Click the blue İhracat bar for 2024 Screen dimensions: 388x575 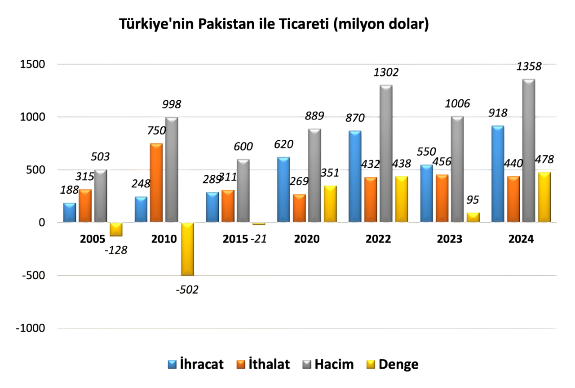(x=498, y=174)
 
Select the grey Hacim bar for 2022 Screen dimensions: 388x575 (x=386, y=153)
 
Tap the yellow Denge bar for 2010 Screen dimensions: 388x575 (x=187, y=249)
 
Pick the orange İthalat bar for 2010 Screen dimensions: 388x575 (x=156, y=183)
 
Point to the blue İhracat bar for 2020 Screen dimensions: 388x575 (x=283, y=189)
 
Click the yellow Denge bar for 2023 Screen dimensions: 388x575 (x=473, y=218)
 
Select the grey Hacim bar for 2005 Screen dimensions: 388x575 (x=100, y=196)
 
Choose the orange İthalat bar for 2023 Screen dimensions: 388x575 (x=442, y=198)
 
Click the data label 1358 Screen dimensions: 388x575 (x=529, y=67)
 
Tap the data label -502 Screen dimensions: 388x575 (x=187, y=289)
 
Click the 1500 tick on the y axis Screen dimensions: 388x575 (x=33, y=64)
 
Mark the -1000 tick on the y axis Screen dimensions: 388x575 (x=31, y=328)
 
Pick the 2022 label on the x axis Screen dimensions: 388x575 (x=378, y=239)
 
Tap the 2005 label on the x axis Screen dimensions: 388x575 (x=93, y=239)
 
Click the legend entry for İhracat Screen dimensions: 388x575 (x=196, y=364)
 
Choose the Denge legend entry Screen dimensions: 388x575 (x=392, y=364)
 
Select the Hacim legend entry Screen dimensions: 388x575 (x=328, y=364)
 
